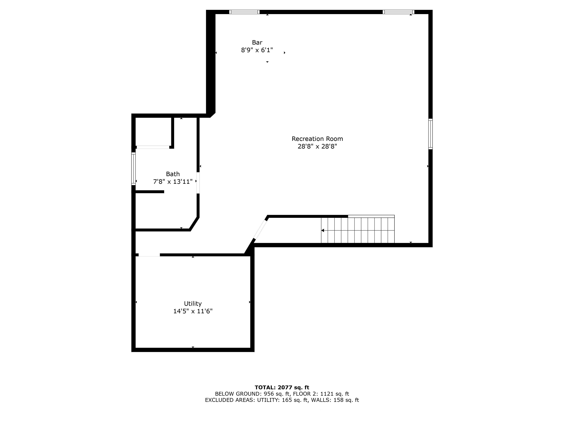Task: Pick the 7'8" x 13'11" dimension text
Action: (x=173, y=182)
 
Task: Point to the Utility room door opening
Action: (x=149, y=255)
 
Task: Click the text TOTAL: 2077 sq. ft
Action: (x=282, y=388)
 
